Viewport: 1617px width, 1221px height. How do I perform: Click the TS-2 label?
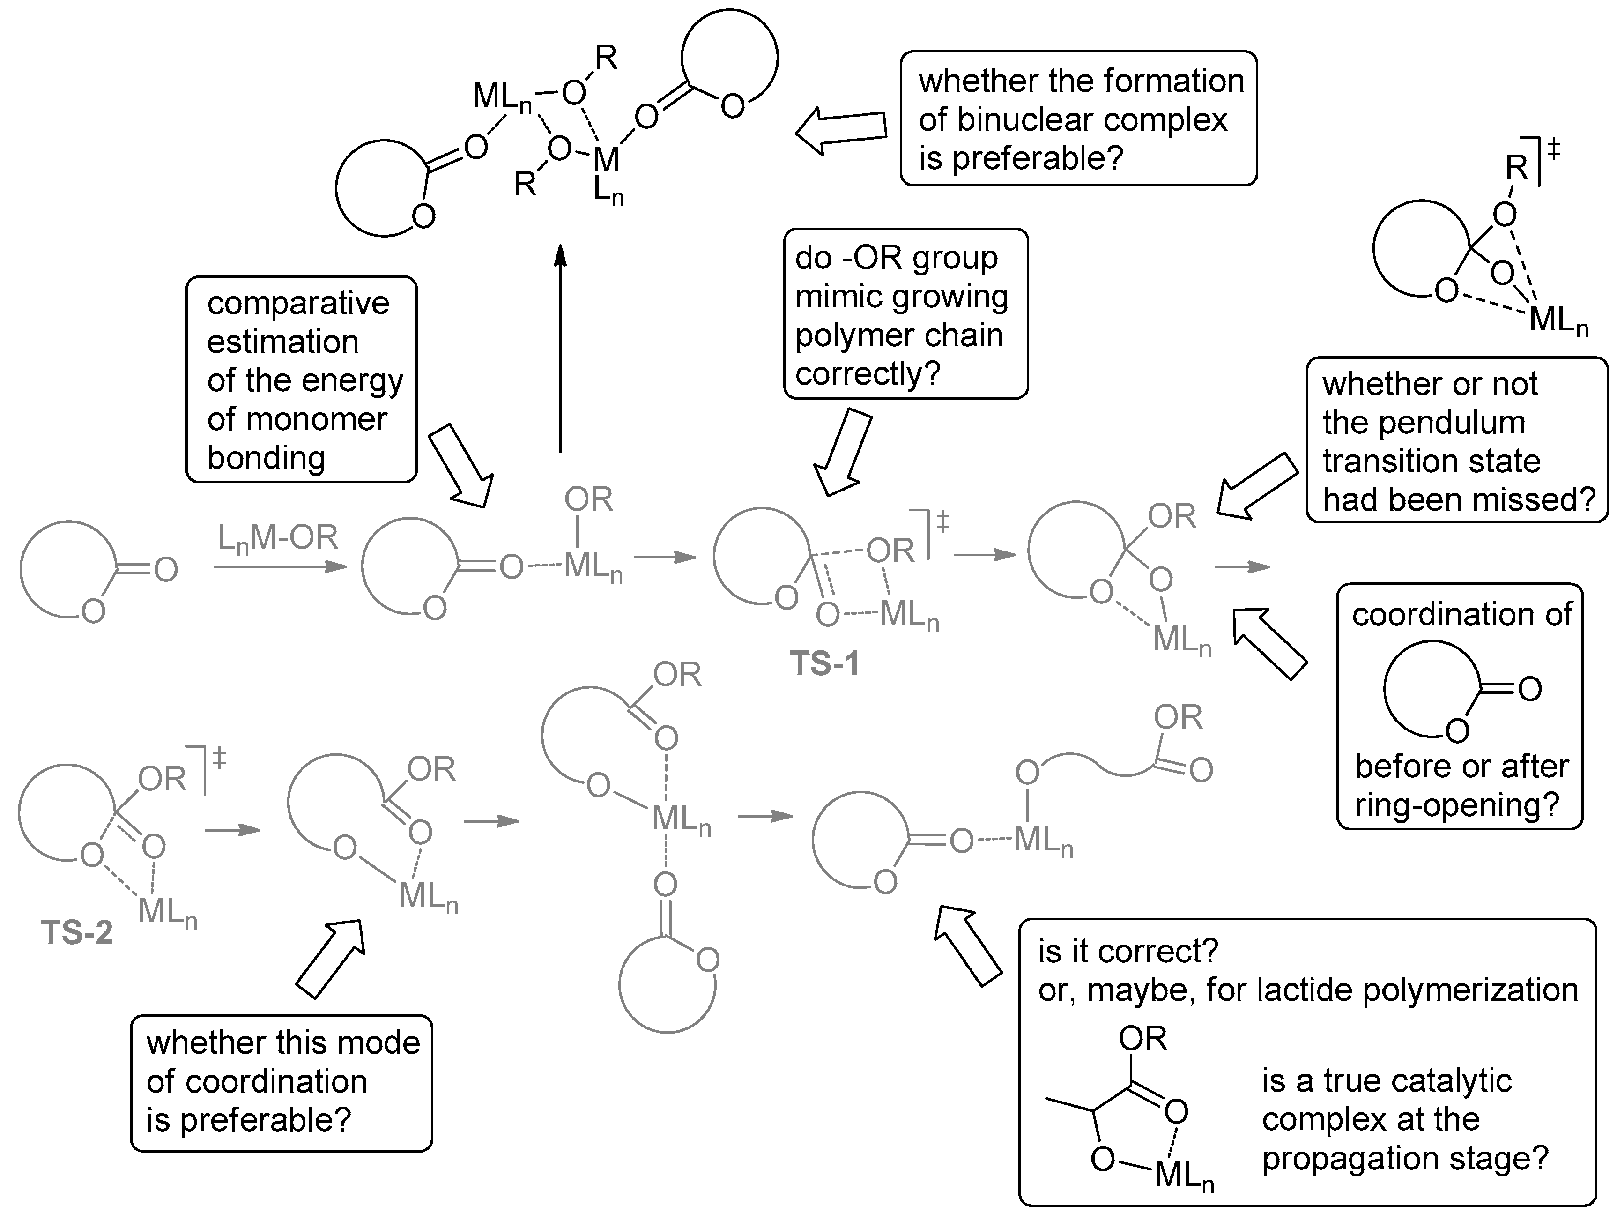[77, 933]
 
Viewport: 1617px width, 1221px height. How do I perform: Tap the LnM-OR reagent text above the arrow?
[278, 539]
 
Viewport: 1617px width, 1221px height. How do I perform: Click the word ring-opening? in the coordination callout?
[1457, 805]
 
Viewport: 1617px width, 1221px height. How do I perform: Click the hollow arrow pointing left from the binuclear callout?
[841, 132]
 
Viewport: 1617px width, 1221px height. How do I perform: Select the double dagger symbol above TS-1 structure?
[942, 522]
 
